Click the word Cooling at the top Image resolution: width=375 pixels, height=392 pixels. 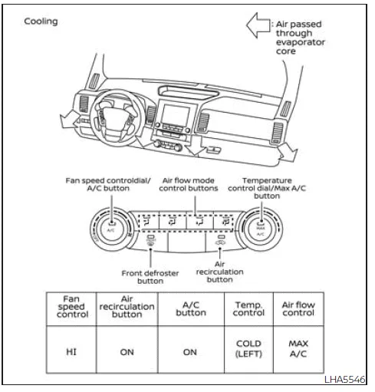(39, 21)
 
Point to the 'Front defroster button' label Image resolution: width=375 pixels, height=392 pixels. (150, 277)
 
